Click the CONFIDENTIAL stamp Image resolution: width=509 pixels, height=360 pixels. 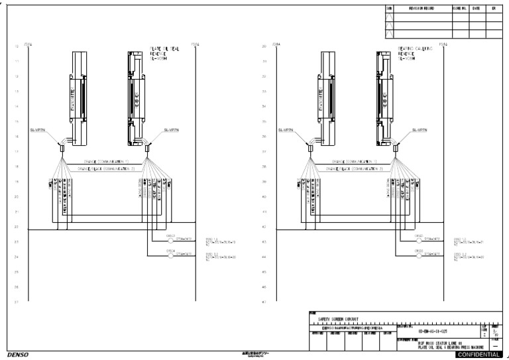pos(479,355)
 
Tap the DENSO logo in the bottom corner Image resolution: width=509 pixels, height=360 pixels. pos(19,355)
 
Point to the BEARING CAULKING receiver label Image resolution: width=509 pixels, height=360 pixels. pos(414,52)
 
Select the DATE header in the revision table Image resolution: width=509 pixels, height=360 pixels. pos(476,9)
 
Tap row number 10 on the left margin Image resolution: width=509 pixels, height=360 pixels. pos(16,46)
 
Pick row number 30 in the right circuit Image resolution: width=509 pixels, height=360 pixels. pos(264,46)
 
